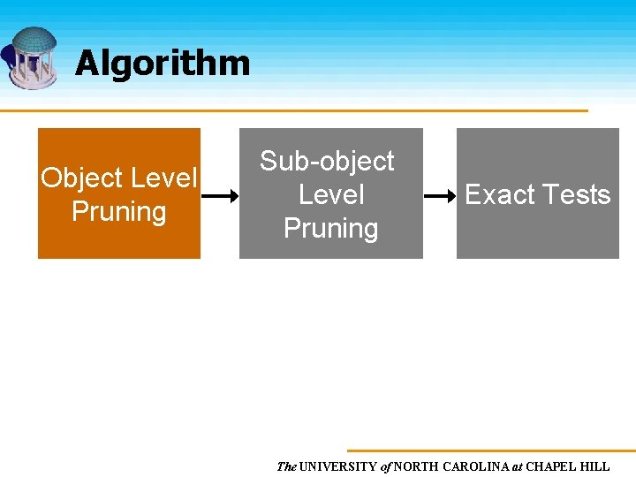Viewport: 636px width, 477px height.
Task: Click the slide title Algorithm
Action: pyautogui.click(x=163, y=64)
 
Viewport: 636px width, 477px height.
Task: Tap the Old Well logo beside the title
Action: pyautogui.click(x=31, y=57)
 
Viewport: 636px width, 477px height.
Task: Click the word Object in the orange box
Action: pyautogui.click(x=82, y=178)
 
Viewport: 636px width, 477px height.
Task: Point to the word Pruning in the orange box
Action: pyautogui.click(x=118, y=212)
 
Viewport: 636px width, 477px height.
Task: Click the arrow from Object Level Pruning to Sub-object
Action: pyautogui.click(x=220, y=195)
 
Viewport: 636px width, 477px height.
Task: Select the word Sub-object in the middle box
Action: pyautogui.click(x=327, y=161)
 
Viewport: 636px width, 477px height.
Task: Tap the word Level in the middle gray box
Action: pyautogui.click(x=331, y=194)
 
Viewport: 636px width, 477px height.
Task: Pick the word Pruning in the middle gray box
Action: pyautogui.click(x=330, y=229)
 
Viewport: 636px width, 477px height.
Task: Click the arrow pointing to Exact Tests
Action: pyautogui.click(x=439, y=195)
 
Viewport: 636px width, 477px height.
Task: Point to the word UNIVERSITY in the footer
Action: pyautogui.click(x=338, y=466)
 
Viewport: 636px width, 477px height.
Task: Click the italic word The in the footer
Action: pyautogui.click(x=286, y=466)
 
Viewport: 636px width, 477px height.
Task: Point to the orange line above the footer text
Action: pyautogui.click(x=490, y=450)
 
